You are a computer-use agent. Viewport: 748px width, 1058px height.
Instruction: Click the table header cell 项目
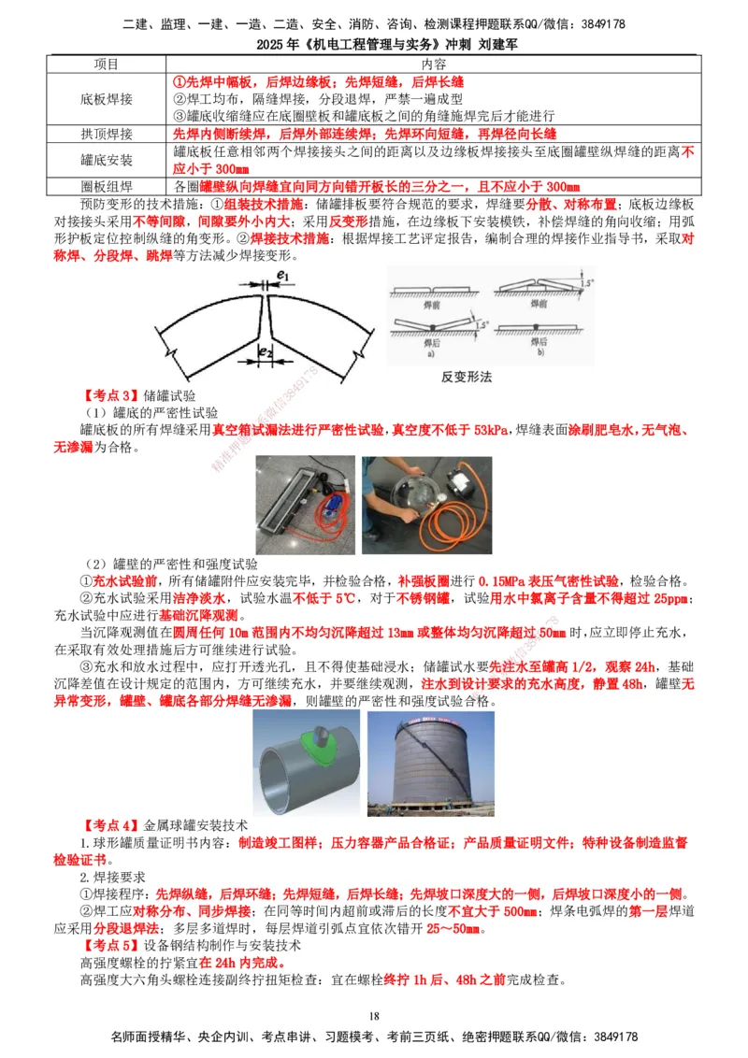click(107, 64)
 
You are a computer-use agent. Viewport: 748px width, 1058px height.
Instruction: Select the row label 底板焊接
click(107, 98)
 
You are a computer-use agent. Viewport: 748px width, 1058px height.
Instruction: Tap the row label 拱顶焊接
click(107, 134)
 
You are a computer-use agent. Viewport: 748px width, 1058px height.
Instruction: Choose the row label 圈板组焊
click(107, 185)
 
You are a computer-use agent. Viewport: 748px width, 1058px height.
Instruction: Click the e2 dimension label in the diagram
click(266, 353)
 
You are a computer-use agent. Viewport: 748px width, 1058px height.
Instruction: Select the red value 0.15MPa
click(502, 579)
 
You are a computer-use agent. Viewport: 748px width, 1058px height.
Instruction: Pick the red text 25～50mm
click(453, 929)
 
